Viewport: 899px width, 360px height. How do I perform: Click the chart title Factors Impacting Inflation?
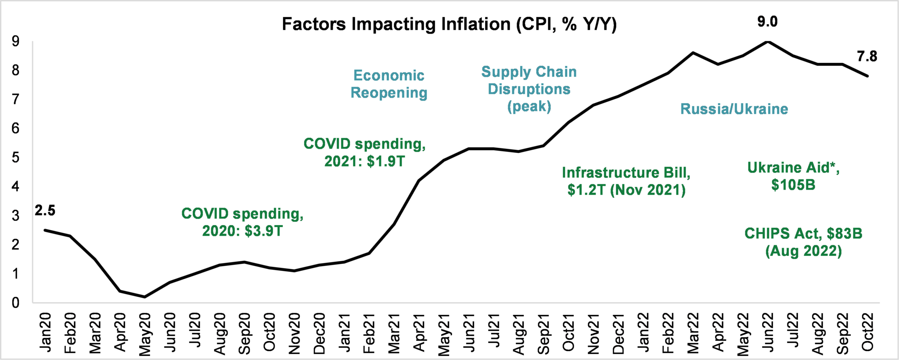coord(449,24)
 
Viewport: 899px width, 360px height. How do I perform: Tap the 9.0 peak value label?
coord(767,22)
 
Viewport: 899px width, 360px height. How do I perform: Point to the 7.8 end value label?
coord(867,56)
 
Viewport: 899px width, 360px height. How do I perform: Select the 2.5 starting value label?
coord(45,211)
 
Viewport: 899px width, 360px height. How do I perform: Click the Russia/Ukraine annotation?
coord(734,109)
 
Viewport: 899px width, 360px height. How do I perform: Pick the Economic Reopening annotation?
coord(389,84)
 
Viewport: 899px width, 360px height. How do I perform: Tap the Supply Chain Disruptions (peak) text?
coord(529,89)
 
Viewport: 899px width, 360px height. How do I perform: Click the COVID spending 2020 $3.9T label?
coord(242,222)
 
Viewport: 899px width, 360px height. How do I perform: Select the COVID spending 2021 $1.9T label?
coord(364,152)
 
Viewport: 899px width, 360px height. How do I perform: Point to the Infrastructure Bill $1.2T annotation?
coord(626,181)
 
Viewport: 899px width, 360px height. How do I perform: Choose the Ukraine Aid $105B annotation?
coord(793,176)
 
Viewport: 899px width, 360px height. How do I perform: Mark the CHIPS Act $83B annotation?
coord(803,242)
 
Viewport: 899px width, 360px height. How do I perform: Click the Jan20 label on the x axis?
coord(45,332)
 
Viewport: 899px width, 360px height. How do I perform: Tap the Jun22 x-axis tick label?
coord(767,332)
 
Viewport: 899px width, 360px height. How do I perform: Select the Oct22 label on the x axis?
coord(867,332)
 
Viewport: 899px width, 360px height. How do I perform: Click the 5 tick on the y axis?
coord(16,157)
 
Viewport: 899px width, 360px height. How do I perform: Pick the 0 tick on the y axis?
coord(16,302)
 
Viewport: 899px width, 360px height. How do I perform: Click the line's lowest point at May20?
coord(145,297)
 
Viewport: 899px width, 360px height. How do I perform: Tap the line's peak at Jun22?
coord(768,41)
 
